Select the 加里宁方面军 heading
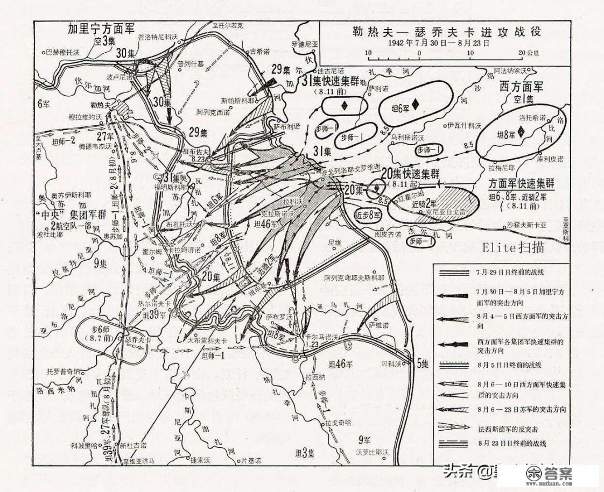pyautogui.click(x=101, y=28)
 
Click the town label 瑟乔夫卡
pyautogui.click(x=139, y=341)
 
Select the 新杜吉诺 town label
pyautogui.click(x=133, y=445)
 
